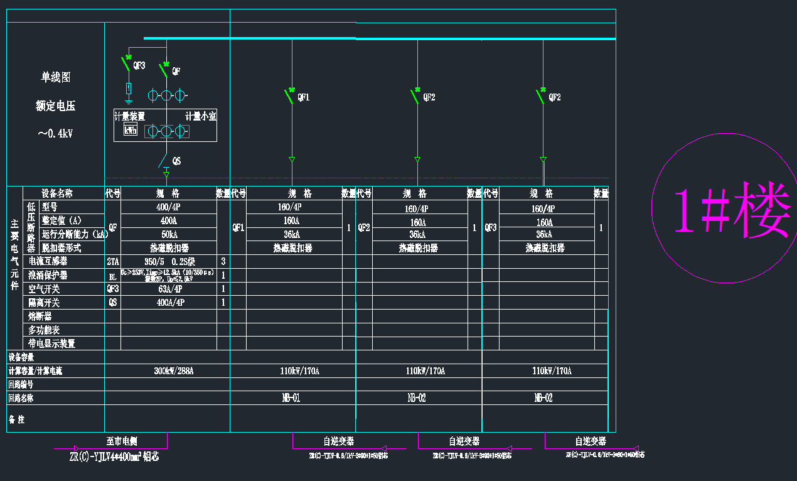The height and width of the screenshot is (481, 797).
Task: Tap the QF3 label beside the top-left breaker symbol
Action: tap(139, 65)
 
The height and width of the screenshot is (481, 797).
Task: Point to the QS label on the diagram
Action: tap(176, 161)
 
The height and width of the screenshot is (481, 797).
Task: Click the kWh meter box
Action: tap(131, 131)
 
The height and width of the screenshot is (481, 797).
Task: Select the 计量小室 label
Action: tap(200, 116)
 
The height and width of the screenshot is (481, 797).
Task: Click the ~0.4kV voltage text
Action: tap(55, 133)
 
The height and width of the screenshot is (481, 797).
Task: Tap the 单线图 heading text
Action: tap(56, 77)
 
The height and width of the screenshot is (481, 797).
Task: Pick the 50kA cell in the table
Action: tap(168, 234)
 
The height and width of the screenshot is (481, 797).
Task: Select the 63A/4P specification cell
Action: tap(168, 289)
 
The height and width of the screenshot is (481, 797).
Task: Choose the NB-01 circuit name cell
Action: tap(292, 397)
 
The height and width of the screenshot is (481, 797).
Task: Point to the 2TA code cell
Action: tap(112, 261)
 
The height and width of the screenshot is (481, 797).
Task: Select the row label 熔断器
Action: tap(40, 316)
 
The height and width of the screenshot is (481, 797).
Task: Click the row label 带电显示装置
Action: tap(51, 343)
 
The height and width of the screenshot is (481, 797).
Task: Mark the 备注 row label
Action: tap(17, 419)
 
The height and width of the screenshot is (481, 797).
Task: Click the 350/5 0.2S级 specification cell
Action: tap(168, 261)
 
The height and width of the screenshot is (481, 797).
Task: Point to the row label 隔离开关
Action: tap(44, 303)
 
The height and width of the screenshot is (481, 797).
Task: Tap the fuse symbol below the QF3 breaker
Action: tap(129, 87)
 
